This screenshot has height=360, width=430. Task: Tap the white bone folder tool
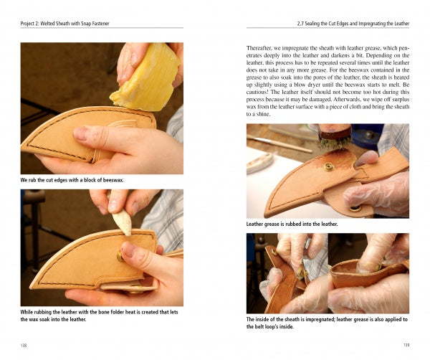123,223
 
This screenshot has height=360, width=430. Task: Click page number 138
25,345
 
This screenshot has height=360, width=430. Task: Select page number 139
405,345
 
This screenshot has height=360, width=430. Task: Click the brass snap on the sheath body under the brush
329,167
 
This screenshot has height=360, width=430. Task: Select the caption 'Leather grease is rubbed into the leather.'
292,224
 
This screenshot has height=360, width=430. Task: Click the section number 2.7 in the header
301,24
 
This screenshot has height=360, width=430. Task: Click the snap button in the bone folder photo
120,255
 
